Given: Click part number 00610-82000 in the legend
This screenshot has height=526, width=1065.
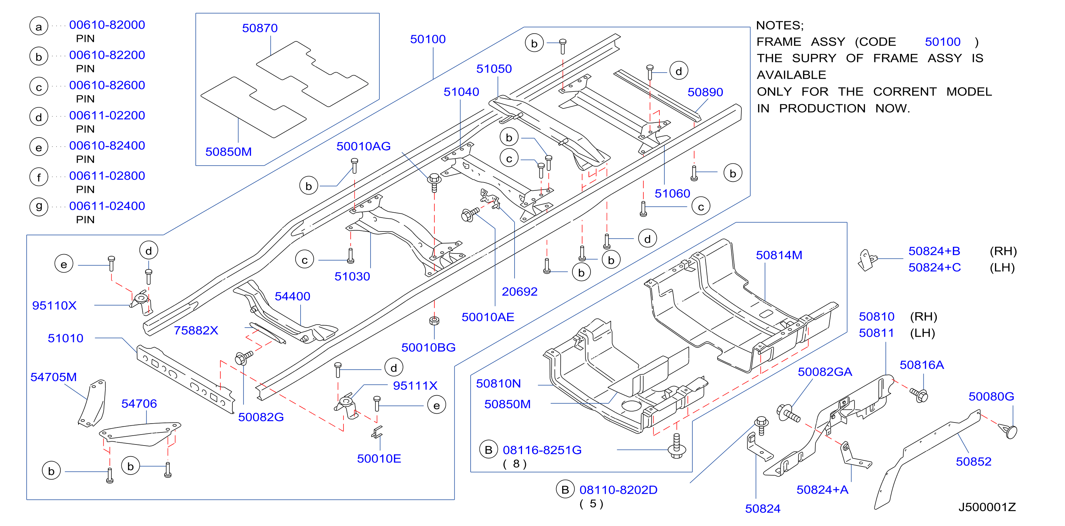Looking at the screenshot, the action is click(x=107, y=25).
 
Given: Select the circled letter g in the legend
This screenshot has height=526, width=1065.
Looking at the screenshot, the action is click(x=39, y=206).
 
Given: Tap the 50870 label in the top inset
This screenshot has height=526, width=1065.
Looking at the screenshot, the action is click(x=260, y=28).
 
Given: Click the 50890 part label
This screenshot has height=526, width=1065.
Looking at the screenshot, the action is click(x=705, y=92).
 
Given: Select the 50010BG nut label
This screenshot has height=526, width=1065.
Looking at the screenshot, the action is click(x=428, y=347).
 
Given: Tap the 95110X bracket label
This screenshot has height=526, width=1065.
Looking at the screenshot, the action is click(x=54, y=306).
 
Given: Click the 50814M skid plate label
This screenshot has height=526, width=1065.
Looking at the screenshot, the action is click(x=779, y=255).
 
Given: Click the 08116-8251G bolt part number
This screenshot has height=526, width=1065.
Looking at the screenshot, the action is click(x=542, y=450).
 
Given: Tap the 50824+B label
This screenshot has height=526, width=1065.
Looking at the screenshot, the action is click(x=934, y=251).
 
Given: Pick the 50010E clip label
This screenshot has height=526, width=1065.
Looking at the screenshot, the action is click(x=379, y=458).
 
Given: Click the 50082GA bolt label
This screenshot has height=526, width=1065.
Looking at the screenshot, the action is click(x=825, y=372).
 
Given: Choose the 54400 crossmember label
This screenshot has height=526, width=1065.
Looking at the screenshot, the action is click(x=292, y=296).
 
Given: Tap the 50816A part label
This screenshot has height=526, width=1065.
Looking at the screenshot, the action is click(x=922, y=365).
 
